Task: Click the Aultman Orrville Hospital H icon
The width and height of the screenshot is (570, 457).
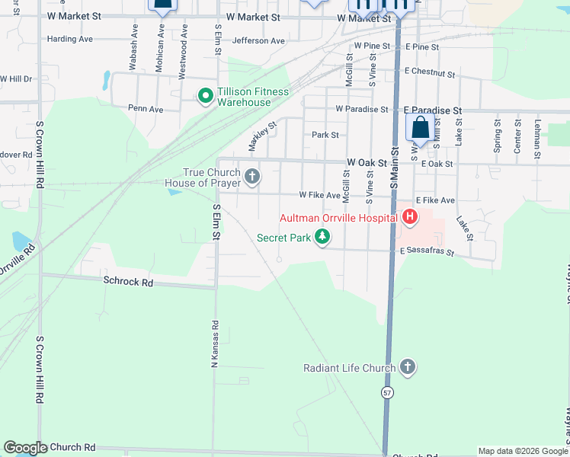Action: [410, 219]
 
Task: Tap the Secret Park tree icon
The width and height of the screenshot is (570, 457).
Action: [323, 238]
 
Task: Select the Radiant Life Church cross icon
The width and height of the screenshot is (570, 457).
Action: [408, 368]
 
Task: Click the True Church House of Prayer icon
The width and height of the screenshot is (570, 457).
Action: [252, 177]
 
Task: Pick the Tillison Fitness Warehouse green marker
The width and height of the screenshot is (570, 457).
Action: [205, 97]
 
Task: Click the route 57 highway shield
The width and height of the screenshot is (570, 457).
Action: [388, 392]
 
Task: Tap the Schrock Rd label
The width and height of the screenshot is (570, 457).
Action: [128, 282]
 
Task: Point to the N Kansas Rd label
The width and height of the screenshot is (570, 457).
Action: [216, 345]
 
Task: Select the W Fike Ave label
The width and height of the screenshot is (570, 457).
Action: [319, 195]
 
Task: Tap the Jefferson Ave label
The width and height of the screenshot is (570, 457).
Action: [258, 41]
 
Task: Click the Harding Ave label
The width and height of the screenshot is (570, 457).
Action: [69, 39]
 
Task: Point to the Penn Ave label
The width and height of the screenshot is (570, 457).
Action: [146, 109]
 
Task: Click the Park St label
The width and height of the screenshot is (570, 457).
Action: [325, 135]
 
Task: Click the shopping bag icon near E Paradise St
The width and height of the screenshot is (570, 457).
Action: [421, 128]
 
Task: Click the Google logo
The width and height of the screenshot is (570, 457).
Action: [25, 448]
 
